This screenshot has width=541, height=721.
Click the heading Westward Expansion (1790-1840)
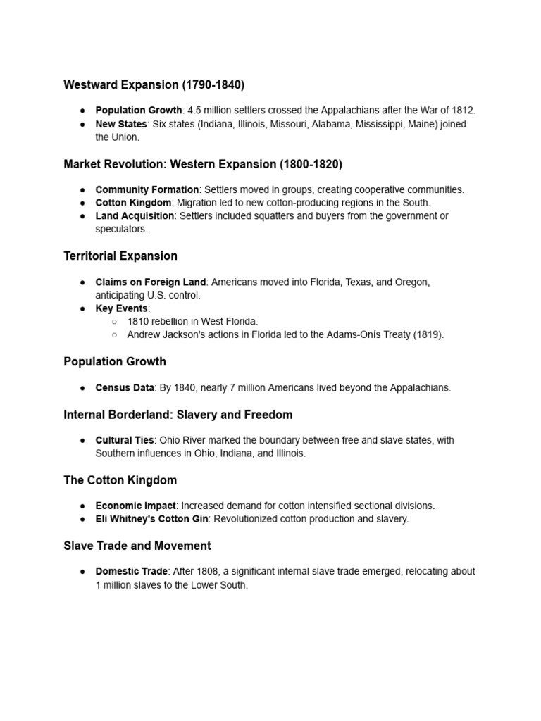[x=154, y=85]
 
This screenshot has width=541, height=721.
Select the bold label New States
[x=121, y=124]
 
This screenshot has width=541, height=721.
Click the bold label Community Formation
[x=147, y=189]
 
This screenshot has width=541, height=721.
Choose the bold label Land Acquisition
[x=135, y=215]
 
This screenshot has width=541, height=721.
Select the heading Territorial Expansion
[x=120, y=256]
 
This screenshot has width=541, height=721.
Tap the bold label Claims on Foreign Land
[x=151, y=282]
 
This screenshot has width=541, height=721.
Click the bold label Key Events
[x=121, y=308]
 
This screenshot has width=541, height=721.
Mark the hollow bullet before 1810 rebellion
[x=113, y=322]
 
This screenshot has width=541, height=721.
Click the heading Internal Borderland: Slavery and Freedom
[x=178, y=414]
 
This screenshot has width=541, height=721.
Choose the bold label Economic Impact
[x=135, y=506]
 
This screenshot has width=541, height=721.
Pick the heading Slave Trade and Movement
[x=137, y=546]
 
